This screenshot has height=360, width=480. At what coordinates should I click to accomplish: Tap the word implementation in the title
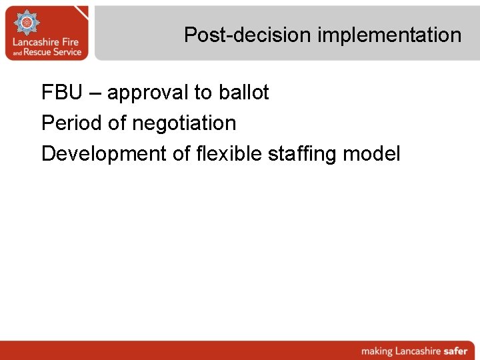389,35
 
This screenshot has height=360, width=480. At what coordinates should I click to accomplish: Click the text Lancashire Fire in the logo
46,42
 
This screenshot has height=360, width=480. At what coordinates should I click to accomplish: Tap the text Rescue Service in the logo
53,52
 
